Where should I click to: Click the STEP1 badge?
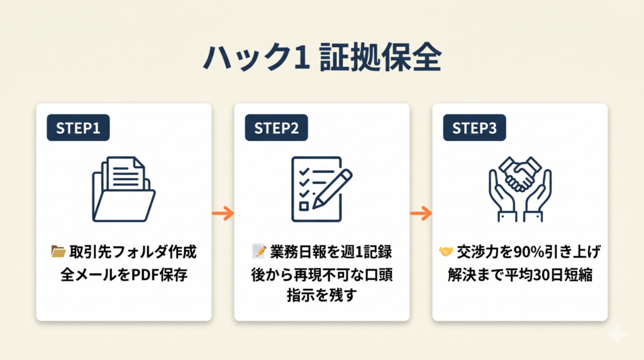78,128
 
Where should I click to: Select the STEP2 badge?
276,128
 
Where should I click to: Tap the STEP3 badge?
474,128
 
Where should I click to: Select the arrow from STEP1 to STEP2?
223,213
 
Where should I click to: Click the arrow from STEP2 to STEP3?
421,213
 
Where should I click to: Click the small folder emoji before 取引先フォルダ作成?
58,252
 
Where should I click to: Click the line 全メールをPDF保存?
124,275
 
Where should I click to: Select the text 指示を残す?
321,295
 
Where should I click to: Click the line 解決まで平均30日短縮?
519,275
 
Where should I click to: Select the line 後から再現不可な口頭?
321,275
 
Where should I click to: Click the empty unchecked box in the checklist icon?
303,205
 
